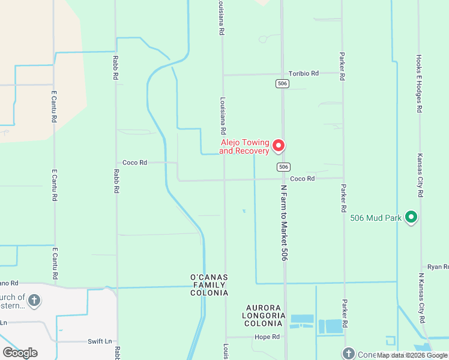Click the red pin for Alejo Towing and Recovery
coord(279,145)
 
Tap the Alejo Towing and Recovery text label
coord(244,147)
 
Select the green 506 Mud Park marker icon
coord(411,217)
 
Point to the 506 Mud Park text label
coord(376,218)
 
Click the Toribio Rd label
coord(303,73)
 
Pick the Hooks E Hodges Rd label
coord(419,84)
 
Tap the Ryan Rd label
coord(438,266)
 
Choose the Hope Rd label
coord(267,337)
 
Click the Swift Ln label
coord(100,341)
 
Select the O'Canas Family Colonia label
coord(209,285)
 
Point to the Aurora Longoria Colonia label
coord(263,315)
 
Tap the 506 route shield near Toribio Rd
coord(283,83)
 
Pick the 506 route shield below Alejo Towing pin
coord(284,166)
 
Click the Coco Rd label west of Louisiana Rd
coord(134,163)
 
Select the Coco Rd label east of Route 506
coord(302,179)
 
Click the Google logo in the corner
coord(20,353)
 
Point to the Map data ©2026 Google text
coord(412,356)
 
